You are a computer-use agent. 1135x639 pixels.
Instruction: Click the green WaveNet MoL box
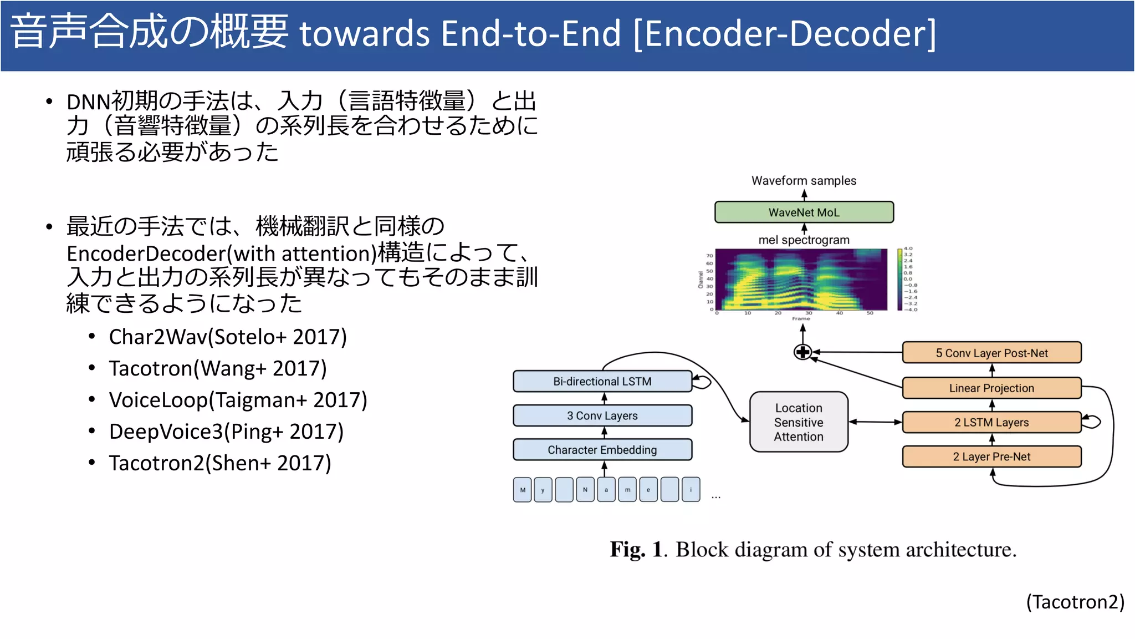click(804, 212)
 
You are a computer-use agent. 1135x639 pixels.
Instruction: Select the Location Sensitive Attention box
click(799, 422)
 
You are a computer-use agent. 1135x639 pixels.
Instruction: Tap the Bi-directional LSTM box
click(602, 382)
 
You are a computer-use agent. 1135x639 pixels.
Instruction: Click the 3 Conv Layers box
click(602, 415)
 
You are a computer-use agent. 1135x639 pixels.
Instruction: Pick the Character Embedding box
click(602, 450)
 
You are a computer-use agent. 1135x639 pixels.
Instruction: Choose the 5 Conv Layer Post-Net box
click(991, 353)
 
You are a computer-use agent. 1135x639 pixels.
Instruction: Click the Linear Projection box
click(991, 388)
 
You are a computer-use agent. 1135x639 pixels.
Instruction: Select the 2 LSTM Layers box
click(991, 423)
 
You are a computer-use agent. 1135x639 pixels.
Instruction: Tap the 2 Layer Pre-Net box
click(991, 457)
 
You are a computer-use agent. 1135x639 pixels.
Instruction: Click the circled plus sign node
click(802, 352)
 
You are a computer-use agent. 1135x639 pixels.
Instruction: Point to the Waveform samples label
click(804, 181)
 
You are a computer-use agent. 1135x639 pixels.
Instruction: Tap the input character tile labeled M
click(523, 490)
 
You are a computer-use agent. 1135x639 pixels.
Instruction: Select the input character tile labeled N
click(585, 490)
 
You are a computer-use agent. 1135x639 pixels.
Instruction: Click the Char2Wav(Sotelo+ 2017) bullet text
click(228, 337)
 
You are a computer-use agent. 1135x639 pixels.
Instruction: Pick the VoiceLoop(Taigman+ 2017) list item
click(238, 400)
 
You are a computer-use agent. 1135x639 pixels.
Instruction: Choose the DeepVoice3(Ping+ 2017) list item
click(226, 432)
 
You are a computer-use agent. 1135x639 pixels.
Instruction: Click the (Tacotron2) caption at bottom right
click(1075, 602)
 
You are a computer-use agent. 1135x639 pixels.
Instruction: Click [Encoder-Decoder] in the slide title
click(784, 33)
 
